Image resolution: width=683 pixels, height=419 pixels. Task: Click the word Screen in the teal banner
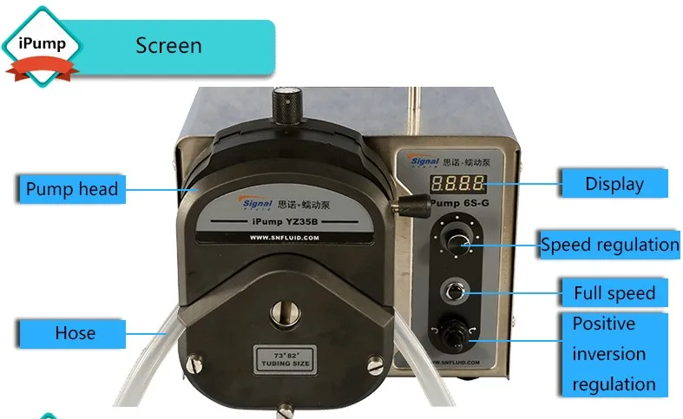168,45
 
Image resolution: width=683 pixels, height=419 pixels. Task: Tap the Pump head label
71,188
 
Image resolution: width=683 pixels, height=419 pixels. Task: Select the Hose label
75,333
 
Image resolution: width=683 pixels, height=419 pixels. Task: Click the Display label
614,183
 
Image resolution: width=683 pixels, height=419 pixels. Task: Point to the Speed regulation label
609,245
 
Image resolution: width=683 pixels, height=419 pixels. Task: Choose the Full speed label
614,292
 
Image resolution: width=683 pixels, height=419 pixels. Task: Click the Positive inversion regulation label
614,353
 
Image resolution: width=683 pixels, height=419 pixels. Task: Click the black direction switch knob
454,333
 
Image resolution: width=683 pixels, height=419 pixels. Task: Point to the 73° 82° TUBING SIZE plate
279,358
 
